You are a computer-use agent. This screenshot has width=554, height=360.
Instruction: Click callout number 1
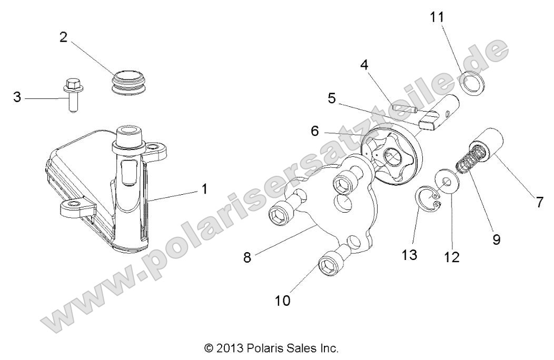coord(204,189)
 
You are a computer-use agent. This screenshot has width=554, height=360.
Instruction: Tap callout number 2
coord(63,37)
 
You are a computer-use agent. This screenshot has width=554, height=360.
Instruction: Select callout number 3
coord(17,97)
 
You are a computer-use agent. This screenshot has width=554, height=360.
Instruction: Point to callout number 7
coord(539,203)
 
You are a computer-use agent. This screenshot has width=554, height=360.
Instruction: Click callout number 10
coord(283,301)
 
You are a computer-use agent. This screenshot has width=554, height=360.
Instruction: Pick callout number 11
coord(437,17)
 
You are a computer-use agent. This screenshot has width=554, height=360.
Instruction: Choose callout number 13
coord(410,254)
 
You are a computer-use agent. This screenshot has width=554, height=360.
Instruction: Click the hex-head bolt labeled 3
coord(72,94)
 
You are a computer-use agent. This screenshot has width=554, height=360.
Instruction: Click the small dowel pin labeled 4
coord(404,107)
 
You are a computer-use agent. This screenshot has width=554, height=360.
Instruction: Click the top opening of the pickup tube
coord(130,131)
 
